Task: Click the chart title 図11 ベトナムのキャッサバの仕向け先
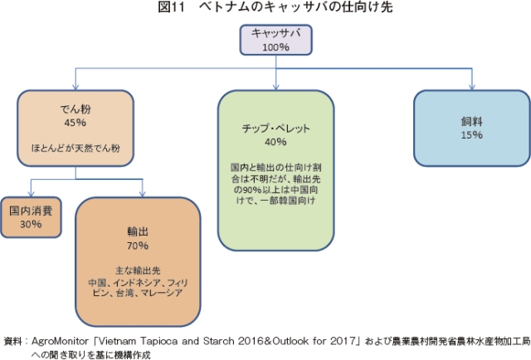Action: (275, 7)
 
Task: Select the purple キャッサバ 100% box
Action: (275, 40)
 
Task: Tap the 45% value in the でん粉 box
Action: (76, 123)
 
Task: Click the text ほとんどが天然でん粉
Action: (76, 148)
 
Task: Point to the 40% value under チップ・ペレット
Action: (275, 142)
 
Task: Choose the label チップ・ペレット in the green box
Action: (275, 129)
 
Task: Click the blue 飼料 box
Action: (472, 128)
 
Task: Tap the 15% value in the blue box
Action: (472, 134)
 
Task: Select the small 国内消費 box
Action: (31, 217)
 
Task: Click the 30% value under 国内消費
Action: (31, 224)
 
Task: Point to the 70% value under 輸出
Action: (138, 246)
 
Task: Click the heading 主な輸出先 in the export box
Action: (138, 270)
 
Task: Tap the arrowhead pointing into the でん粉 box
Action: (76, 87)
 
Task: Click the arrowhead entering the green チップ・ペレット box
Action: (276, 87)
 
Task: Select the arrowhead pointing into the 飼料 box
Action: (472, 87)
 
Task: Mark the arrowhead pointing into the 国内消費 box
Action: (31, 194)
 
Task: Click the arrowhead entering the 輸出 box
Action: (142, 194)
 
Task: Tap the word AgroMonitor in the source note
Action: (60, 341)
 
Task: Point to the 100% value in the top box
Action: (275, 47)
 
